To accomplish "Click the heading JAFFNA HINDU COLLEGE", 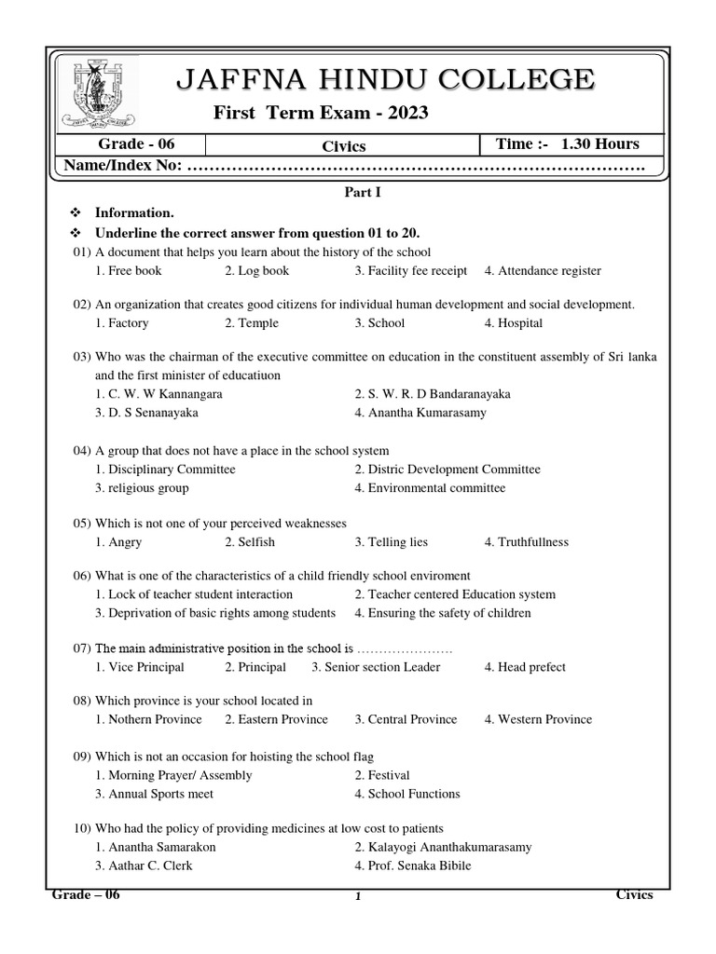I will [383, 80].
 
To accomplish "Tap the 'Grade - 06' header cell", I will [136, 144].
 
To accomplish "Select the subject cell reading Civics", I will [343, 146].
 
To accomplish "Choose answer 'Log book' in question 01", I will [257, 271].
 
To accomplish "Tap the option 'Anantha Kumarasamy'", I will [420, 413].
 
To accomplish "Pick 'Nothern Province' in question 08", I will [148, 719].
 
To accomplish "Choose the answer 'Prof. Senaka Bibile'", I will [413, 865].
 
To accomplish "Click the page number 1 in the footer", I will [358, 897].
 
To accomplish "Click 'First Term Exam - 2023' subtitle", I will [322, 113].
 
